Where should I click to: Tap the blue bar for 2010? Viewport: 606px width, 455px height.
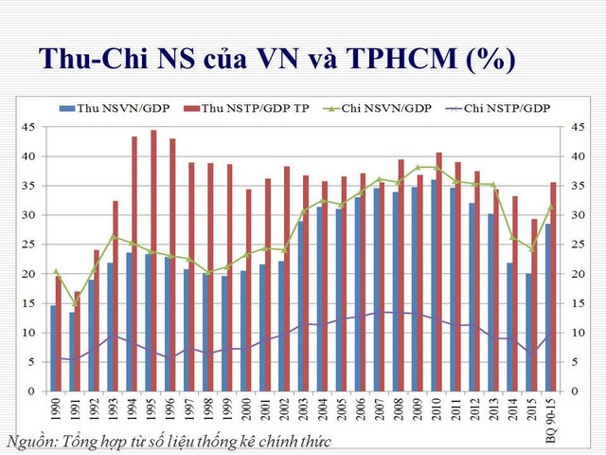[434, 285]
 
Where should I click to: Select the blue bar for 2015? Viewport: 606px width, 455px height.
[528, 332]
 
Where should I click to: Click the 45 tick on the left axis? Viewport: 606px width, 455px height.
[29, 127]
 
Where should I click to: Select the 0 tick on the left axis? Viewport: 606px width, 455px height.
[32, 391]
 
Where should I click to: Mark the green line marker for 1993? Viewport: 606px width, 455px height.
[114, 236]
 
